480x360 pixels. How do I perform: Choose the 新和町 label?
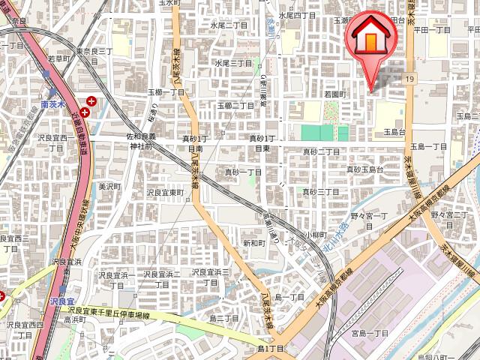pos(253,244)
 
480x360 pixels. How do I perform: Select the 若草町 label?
pos(58,58)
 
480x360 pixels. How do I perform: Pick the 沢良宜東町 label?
pos(165,193)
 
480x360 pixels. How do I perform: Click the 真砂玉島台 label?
pos(364,170)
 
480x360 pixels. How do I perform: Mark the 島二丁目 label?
pos(224,318)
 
